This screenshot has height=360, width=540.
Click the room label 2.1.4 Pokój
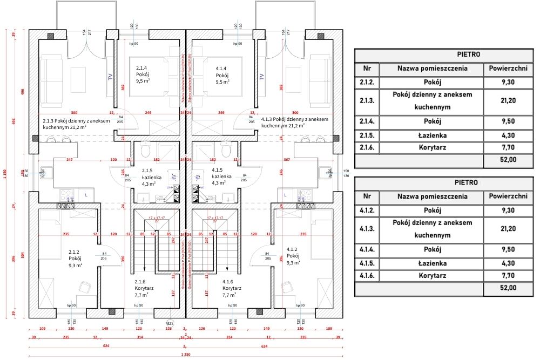143,74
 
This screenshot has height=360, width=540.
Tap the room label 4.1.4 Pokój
222,75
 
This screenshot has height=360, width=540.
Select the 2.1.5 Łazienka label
142,176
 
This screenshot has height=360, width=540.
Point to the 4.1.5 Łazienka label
221,176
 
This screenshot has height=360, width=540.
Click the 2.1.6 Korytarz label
143,288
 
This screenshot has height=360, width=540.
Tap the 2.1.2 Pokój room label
75,259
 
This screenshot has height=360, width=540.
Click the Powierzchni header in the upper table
508,69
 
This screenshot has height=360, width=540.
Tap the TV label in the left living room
111,77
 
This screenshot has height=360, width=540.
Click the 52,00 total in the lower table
508,289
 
